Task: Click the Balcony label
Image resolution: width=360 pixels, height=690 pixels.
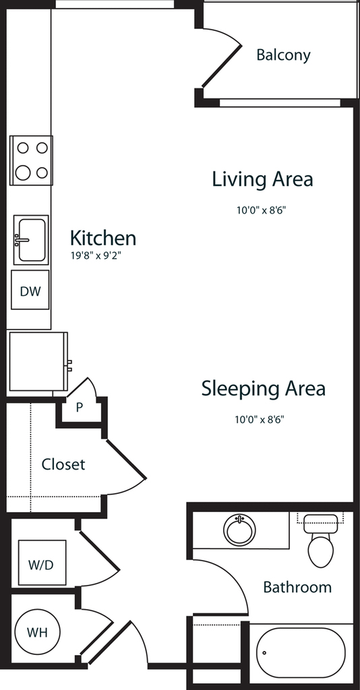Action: pos(283,55)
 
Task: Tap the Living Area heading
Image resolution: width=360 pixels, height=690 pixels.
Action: pos(263,179)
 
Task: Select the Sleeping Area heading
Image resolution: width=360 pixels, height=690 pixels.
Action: pos(263,389)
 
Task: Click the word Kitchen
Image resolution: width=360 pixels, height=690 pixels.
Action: pos(103,238)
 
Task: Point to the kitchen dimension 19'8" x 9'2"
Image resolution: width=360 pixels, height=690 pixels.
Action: pos(96,255)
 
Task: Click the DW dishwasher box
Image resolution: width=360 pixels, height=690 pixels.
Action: pos(30,290)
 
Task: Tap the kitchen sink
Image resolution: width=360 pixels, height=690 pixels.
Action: pos(31,240)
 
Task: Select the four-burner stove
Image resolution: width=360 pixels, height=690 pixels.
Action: pos(31,160)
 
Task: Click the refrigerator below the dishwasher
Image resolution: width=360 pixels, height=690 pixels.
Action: pos(38,362)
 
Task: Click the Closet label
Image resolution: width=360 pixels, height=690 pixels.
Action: pos(63,464)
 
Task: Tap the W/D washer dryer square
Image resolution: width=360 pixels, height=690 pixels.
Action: pos(42,563)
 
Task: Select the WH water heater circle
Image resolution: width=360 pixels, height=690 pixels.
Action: pos(37,632)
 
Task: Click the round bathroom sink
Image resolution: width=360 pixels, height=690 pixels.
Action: pos(239,530)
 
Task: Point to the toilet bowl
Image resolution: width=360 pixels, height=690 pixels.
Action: pos(320,551)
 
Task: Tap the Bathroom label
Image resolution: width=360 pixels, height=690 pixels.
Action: pos(297,587)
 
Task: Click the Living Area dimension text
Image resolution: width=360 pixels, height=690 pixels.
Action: pos(262,210)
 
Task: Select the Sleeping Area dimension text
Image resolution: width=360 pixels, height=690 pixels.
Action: pos(260,419)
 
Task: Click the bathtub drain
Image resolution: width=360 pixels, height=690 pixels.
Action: pos(265,653)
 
